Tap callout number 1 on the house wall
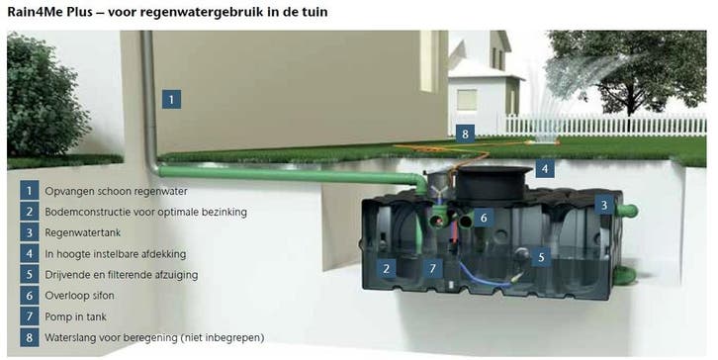coord(171,99)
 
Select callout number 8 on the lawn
coord(465,134)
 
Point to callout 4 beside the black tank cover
coord(545,168)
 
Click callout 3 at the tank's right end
coord(604,205)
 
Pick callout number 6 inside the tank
coord(484,218)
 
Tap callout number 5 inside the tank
coord(541,257)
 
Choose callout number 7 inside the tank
coord(433,268)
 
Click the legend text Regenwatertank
coord(83,232)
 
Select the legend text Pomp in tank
coord(75,316)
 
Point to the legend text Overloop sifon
coord(80,296)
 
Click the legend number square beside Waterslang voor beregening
coord(30,337)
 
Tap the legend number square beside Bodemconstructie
coord(30,212)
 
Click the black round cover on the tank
coord(489,184)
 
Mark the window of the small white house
coord(466,100)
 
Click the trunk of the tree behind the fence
coord(632,104)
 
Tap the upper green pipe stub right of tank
coord(627,211)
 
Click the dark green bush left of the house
coord(45,96)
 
